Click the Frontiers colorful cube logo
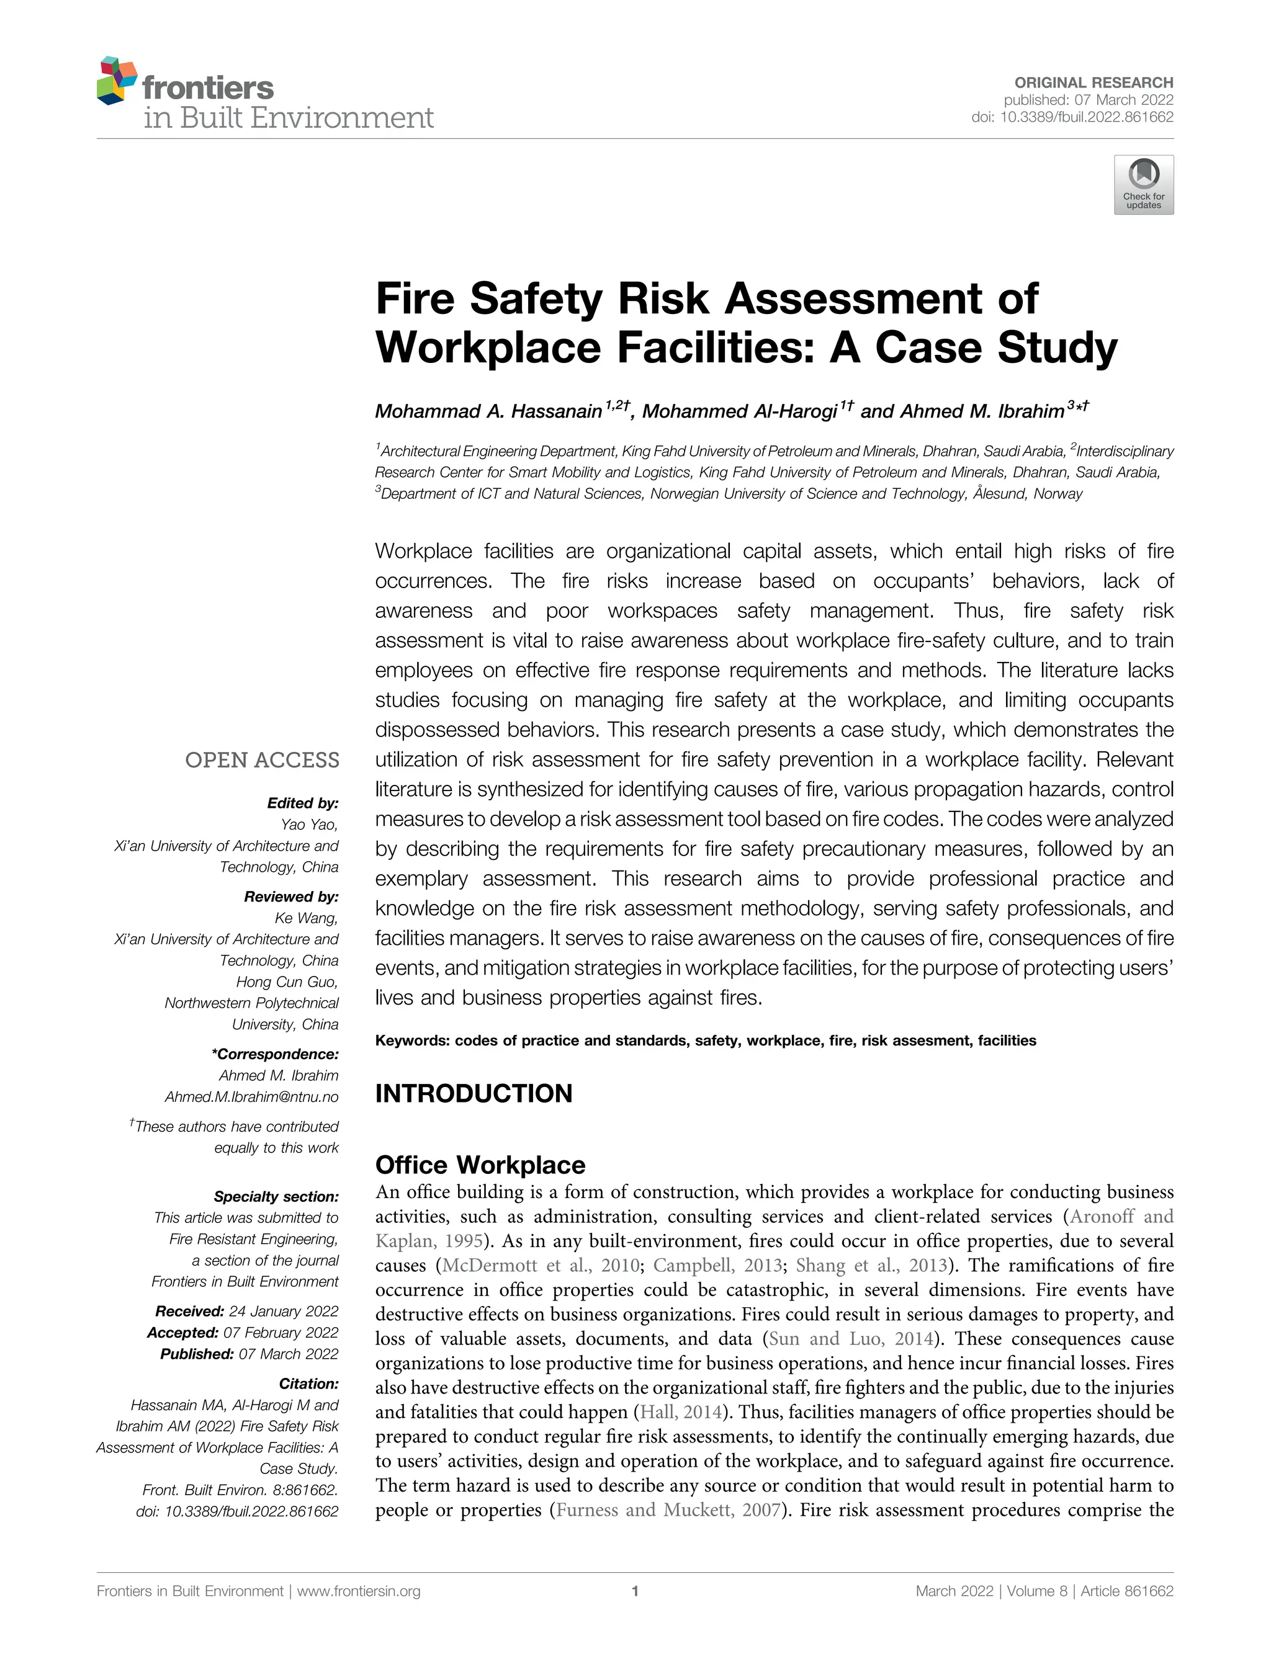tap(117, 80)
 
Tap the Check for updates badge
tap(1143, 184)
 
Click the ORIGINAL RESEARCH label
tap(1094, 83)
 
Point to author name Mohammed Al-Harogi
tap(739, 411)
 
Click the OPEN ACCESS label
tap(262, 760)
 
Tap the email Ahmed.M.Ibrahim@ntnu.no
tap(251, 1097)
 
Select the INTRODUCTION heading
tap(474, 1094)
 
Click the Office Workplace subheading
tap(480, 1164)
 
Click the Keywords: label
tap(412, 1040)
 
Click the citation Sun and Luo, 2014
tap(850, 1339)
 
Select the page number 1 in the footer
tap(635, 1591)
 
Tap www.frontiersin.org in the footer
tap(359, 1591)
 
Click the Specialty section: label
tap(276, 1197)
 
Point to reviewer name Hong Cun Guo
tap(287, 982)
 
